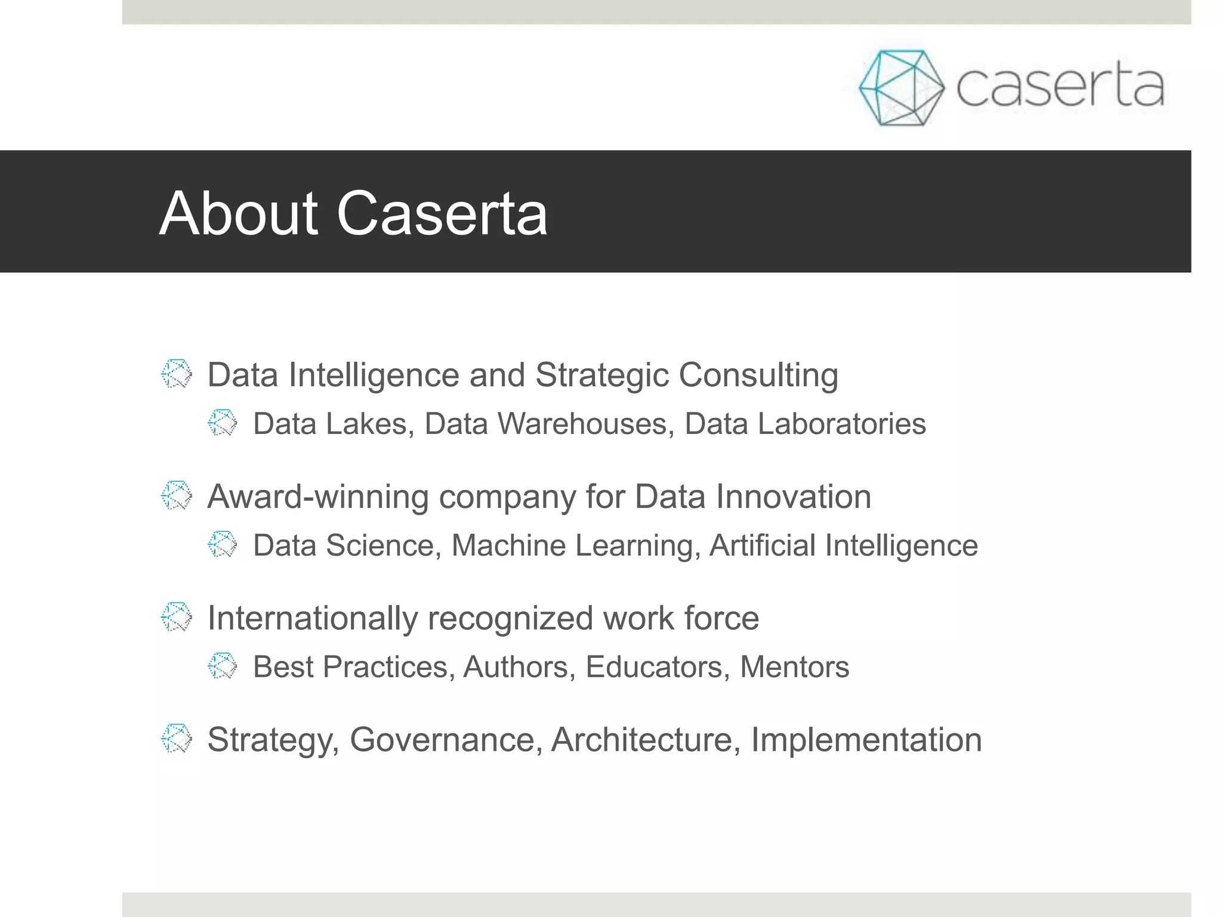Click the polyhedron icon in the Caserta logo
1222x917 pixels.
901,88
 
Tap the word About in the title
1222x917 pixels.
239,213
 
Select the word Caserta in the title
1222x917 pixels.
442,213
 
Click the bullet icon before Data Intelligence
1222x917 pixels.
177,374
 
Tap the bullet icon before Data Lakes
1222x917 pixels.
223,423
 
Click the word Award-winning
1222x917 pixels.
317,497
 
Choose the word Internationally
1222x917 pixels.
312,618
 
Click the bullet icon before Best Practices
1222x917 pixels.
223,666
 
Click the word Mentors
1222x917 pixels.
794,667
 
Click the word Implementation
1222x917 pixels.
866,740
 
